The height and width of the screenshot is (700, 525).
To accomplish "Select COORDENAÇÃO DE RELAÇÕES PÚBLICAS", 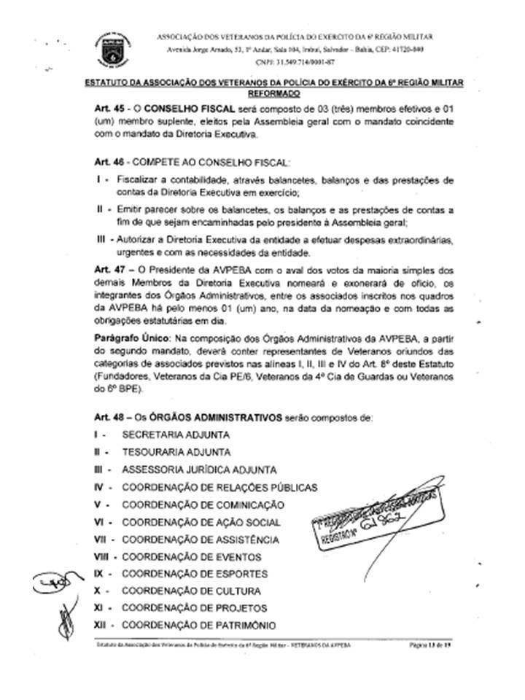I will (x=219, y=487).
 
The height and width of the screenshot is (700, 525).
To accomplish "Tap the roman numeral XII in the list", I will (x=101, y=625).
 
